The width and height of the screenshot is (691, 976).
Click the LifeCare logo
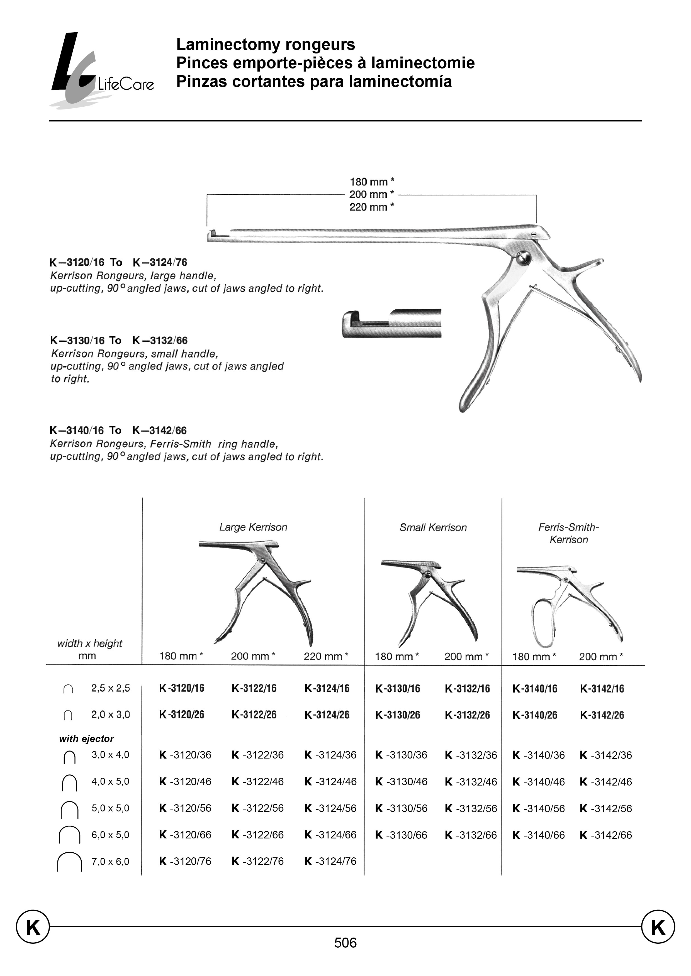tap(100, 70)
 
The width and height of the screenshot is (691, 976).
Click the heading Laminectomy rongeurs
tap(266, 44)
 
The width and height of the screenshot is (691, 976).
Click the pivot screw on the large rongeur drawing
tap(524, 258)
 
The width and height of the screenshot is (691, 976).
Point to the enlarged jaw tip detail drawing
tap(391, 324)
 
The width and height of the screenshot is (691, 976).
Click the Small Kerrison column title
tap(433, 527)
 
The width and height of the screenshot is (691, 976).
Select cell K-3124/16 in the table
tap(327, 689)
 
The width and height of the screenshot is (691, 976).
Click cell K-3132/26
tap(467, 715)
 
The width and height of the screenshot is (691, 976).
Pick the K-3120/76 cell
tap(185, 861)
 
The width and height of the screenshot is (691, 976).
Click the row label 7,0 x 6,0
tap(110, 862)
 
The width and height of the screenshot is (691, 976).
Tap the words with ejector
tap(86, 739)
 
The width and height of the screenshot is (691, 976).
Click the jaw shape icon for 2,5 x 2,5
tap(68, 689)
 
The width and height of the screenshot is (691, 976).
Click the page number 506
tap(345, 943)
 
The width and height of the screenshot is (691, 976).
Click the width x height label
tap(89, 644)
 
